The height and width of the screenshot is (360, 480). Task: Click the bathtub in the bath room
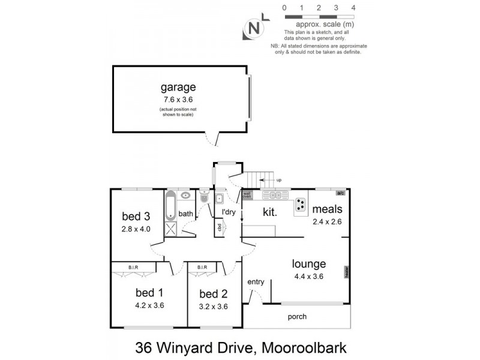point(170,205)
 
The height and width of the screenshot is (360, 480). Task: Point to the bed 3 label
point(136,216)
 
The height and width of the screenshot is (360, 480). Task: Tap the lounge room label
point(308,263)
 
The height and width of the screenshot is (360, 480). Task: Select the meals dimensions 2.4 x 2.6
point(326,221)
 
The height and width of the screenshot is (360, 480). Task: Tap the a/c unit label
point(340,193)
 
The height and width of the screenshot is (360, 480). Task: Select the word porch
point(296,317)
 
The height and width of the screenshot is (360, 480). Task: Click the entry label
point(256,282)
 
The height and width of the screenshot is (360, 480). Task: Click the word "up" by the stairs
point(279,179)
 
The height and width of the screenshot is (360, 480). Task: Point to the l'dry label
point(229,212)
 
